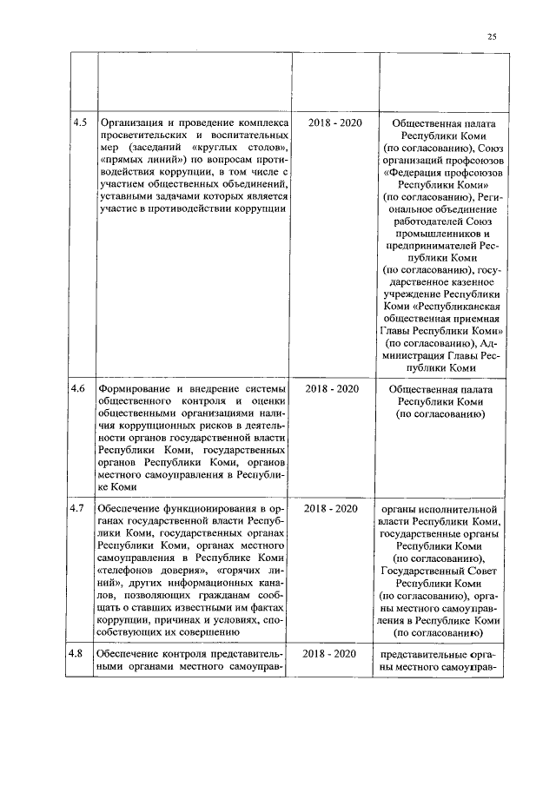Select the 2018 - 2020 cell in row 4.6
(334, 390)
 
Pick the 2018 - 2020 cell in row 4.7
(334, 508)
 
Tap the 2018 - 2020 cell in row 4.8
(334, 653)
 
